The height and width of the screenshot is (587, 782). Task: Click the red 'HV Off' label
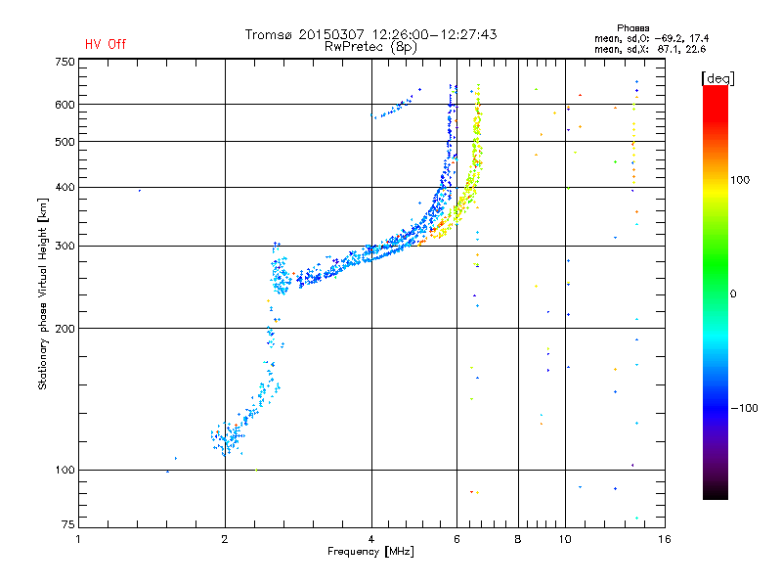pos(106,44)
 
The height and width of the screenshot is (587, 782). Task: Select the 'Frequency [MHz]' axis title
pos(370,553)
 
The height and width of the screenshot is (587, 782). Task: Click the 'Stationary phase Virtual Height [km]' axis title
pos(43,293)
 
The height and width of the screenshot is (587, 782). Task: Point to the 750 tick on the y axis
pos(65,61)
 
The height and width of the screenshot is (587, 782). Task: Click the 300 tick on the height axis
pos(65,246)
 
